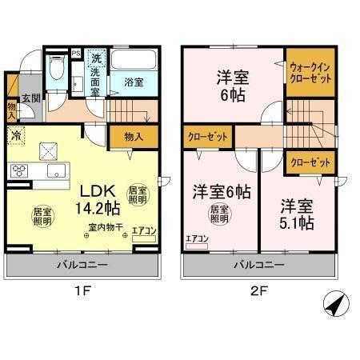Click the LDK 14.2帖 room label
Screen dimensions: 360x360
pyautogui.click(x=98, y=198)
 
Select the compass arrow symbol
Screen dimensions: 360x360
pyautogui.click(x=338, y=303)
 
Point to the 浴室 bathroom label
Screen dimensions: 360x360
pyautogui.click(x=134, y=82)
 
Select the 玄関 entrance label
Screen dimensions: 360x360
pyautogui.click(x=30, y=98)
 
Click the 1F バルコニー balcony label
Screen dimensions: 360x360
pyautogui.click(x=82, y=263)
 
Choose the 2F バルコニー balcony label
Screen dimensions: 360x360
pyautogui.click(x=258, y=263)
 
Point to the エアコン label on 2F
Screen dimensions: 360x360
pyautogui.click(x=196, y=238)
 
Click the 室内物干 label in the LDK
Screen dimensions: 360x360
pyautogui.click(x=106, y=228)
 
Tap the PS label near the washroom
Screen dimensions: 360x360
pyautogui.click(x=76, y=54)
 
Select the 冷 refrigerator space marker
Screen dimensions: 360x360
pyautogui.click(x=16, y=137)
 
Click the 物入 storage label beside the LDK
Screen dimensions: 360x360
pyautogui.click(x=134, y=138)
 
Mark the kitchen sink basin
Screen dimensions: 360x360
pyautogui.click(x=57, y=171)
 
